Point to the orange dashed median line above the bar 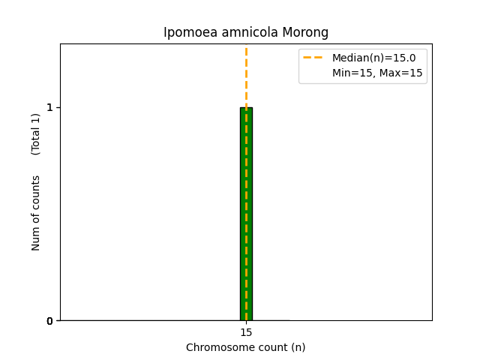click(246, 75)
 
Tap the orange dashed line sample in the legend click(313, 58)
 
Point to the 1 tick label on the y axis click(50, 108)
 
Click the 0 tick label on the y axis click(50, 321)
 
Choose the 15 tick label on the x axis click(246, 332)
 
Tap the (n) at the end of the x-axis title click(298, 347)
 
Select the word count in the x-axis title click(269, 347)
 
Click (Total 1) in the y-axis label click(36, 133)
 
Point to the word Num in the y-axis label click(36, 239)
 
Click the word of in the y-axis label click(36, 218)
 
